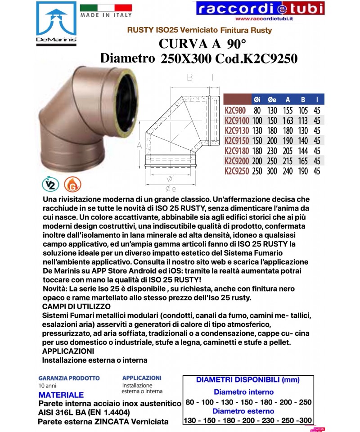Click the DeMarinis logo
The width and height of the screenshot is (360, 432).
point(56,22)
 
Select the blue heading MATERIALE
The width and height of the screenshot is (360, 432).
point(61,395)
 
